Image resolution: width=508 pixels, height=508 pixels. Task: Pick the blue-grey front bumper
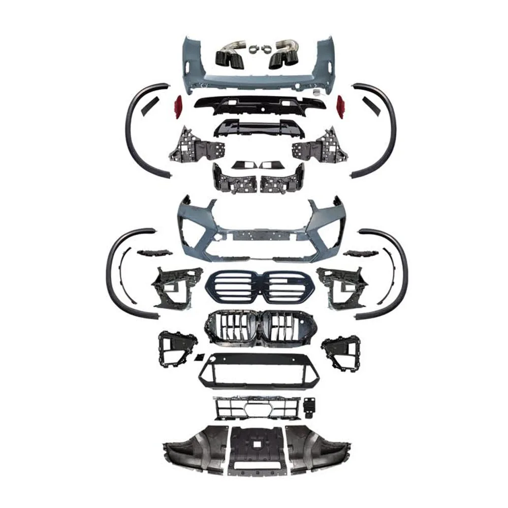tap(254, 224)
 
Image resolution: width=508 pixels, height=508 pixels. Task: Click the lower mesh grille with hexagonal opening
tap(254, 408)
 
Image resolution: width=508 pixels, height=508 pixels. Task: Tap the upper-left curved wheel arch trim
tap(133, 127)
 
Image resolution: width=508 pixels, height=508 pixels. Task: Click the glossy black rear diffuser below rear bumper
tap(254, 104)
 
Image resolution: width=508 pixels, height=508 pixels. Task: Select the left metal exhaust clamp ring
tap(252, 50)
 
